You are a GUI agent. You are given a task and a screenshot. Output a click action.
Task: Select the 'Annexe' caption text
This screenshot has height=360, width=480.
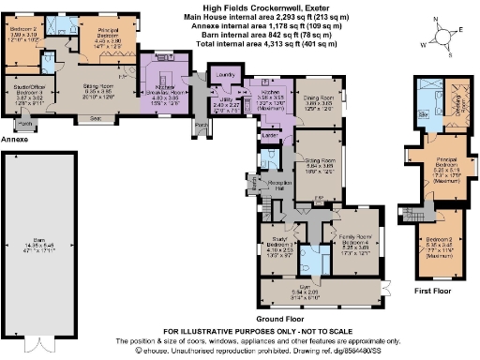(12, 139)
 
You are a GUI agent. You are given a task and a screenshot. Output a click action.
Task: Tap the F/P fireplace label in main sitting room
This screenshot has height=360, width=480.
(319, 199)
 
